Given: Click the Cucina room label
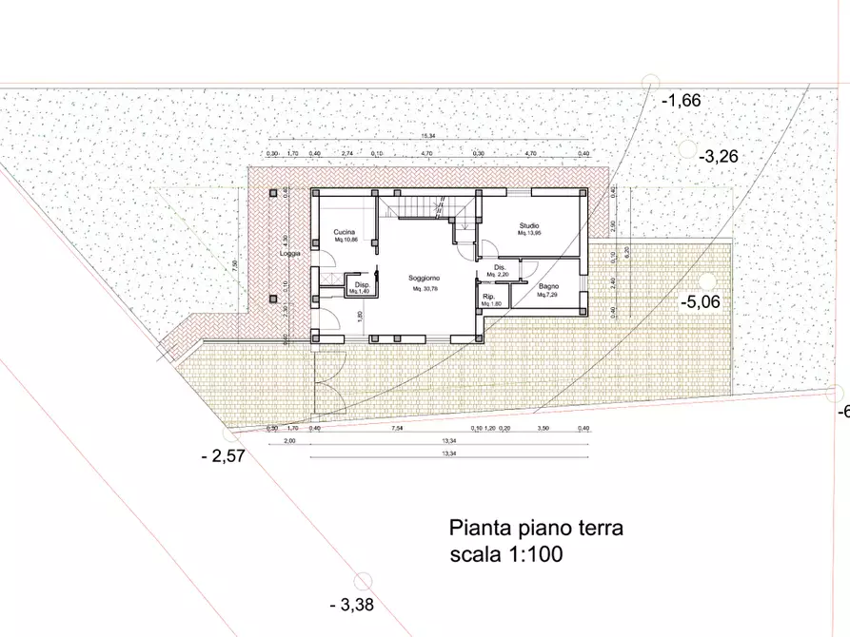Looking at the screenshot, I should tap(345, 231).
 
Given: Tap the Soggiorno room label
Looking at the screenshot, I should tap(424, 278).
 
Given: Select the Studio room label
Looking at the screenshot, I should tap(529, 225).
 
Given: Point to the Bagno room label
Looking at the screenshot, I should tap(547, 286).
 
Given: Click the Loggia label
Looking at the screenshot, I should tap(289, 254).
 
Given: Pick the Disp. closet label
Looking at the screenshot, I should tap(362, 285).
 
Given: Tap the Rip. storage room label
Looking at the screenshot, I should tap(489, 298).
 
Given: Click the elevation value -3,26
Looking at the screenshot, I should tap(719, 156).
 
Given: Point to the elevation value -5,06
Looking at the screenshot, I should tap(702, 303).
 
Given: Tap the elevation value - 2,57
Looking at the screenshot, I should tap(224, 456).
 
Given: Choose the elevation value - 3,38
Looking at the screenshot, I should tap(351, 604).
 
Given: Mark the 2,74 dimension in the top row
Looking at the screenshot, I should tap(346, 153).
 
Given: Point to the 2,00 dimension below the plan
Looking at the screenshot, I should tap(289, 441).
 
